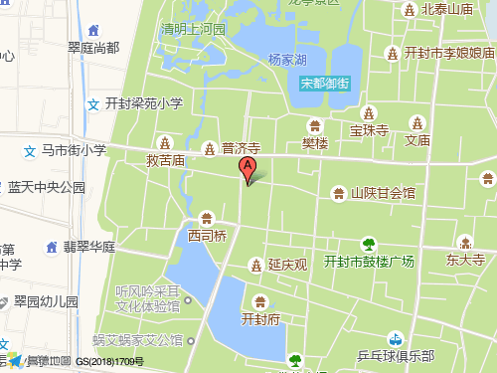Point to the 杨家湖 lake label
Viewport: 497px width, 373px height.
(287, 60)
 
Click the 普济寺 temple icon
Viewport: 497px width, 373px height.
(209, 149)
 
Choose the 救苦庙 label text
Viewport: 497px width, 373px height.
(166, 160)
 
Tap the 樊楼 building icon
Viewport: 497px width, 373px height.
(315, 125)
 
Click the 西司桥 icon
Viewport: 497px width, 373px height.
(207, 218)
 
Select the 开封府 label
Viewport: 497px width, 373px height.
(260, 319)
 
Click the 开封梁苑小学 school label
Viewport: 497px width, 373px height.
(144, 102)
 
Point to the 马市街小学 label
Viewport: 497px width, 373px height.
(74, 150)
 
